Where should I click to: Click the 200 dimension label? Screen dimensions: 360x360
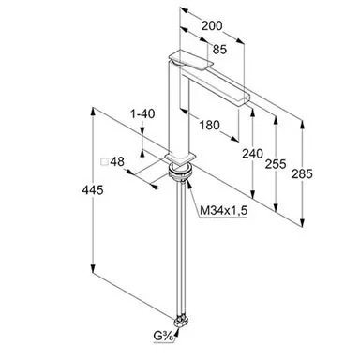click(212, 25)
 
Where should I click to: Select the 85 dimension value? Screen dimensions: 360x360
click(219, 50)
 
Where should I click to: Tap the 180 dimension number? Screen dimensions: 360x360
click(209, 125)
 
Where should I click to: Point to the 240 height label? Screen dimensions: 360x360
click(252, 154)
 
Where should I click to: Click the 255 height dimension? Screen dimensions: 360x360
click(276, 164)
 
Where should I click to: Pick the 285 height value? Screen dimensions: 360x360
click(302, 173)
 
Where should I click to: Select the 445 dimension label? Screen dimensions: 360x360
click(93, 189)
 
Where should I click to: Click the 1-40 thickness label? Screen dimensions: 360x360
click(142, 113)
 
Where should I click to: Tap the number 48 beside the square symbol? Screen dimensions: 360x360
click(117, 161)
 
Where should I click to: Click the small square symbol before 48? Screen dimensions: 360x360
click(104, 162)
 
